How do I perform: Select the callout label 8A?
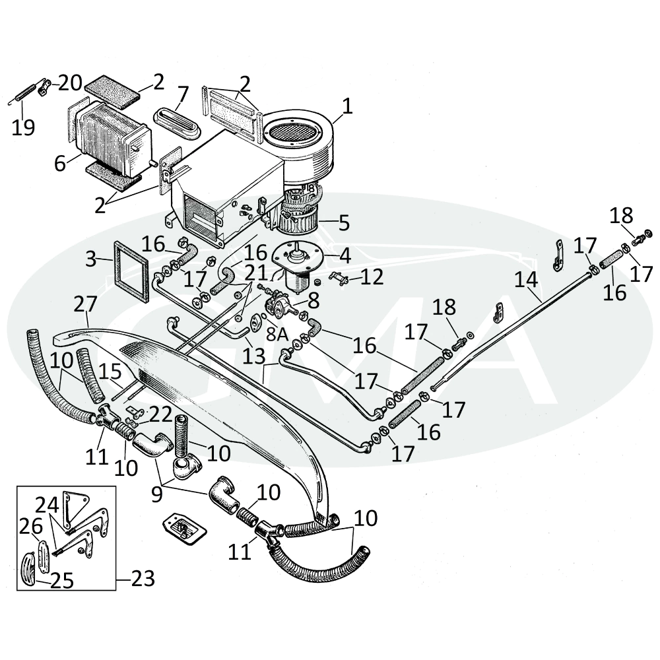(x=277, y=335)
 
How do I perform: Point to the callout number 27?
(x=85, y=304)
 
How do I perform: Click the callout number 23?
(x=143, y=579)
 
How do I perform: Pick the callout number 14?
(x=526, y=279)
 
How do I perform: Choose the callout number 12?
(x=372, y=277)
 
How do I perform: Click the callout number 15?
(x=110, y=372)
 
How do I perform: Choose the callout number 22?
(x=161, y=415)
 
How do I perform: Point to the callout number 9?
(x=156, y=494)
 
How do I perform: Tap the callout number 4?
(x=345, y=255)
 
